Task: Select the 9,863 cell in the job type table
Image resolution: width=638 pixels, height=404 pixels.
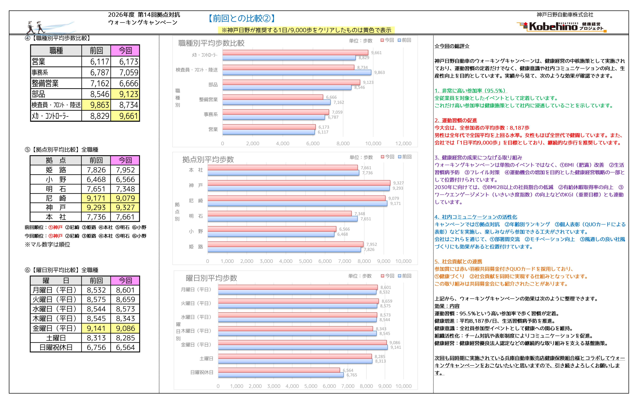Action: (96, 105)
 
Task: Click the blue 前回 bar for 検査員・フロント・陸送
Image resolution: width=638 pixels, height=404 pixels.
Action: (297, 72)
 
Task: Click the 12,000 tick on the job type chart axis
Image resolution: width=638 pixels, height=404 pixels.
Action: (403, 144)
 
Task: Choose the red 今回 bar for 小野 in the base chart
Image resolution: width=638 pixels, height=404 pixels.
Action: (272, 229)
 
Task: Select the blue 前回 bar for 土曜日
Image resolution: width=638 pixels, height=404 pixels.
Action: (295, 361)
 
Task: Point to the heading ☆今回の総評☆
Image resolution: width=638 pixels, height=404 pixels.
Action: (452, 46)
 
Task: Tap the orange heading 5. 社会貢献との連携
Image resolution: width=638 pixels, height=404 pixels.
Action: (458, 262)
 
